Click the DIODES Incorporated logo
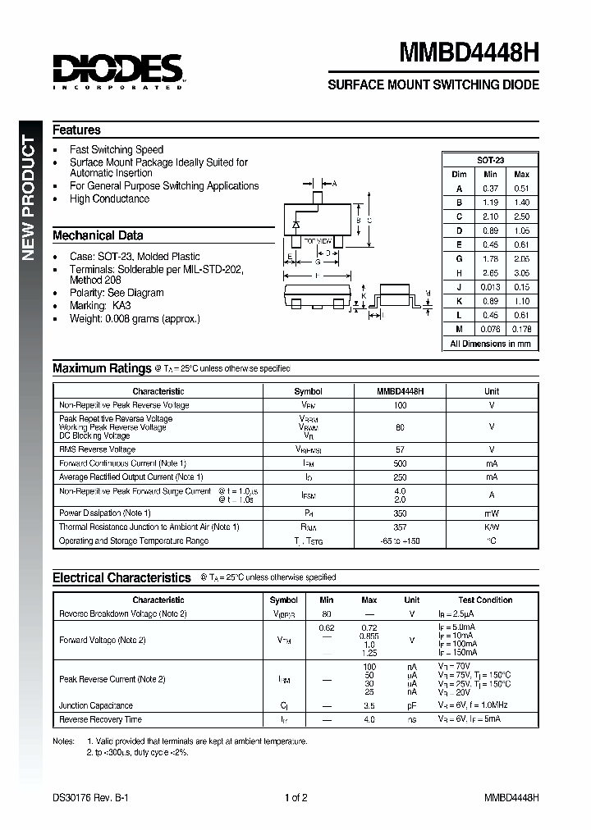[x=118, y=71]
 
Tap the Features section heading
[x=76, y=130]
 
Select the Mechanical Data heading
[x=98, y=235]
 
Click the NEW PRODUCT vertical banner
[x=28, y=197]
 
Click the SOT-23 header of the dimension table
[x=490, y=160]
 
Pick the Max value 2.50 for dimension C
[x=521, y=217]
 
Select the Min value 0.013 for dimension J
[x=490, y=287]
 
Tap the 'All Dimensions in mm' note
[x=490, y=344]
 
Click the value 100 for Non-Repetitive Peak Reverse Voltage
[x=400, y=405]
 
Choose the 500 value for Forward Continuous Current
[x=400, y=463]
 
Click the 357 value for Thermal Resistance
[x=400, y=527]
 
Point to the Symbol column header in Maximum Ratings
[x=308, y=392]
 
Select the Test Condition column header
[x=485, y=600]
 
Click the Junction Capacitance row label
[x=95, y=705]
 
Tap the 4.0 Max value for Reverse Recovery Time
[x=369, y=719]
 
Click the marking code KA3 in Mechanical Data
[x=121, y=305]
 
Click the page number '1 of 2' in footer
[x=295, y=797]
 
